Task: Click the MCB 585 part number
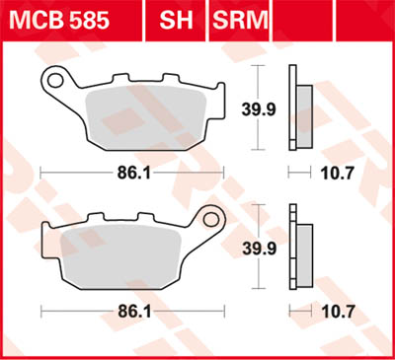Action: (66, 17)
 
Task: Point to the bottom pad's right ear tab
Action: (211, 220)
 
